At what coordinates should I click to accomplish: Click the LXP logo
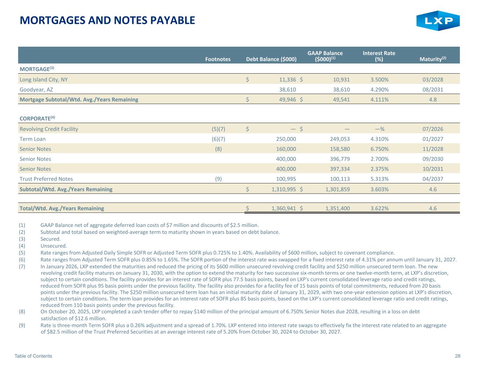pos(438,21)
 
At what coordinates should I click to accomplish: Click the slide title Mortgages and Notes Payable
pos(107,20)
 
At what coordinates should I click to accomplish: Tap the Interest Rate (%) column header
pos(379,56)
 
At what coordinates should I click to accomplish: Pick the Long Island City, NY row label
pos(44,80)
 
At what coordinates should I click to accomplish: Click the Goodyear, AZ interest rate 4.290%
pos(379,89)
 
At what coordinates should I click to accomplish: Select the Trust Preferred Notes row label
pos(46,179)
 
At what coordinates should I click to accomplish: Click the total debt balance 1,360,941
pos(284,208)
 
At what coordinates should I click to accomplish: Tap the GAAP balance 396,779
pos(338,159)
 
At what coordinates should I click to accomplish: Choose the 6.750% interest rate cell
pos(379,149)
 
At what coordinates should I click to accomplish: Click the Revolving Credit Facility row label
pos(49,129)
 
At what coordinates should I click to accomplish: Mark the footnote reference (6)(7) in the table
pos(219,139)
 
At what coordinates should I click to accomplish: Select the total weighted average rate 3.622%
pos(379,208)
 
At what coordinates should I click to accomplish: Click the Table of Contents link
pos(33,356)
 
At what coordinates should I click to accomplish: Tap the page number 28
pos(458,356)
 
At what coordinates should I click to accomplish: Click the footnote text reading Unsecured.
pos(54,246)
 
